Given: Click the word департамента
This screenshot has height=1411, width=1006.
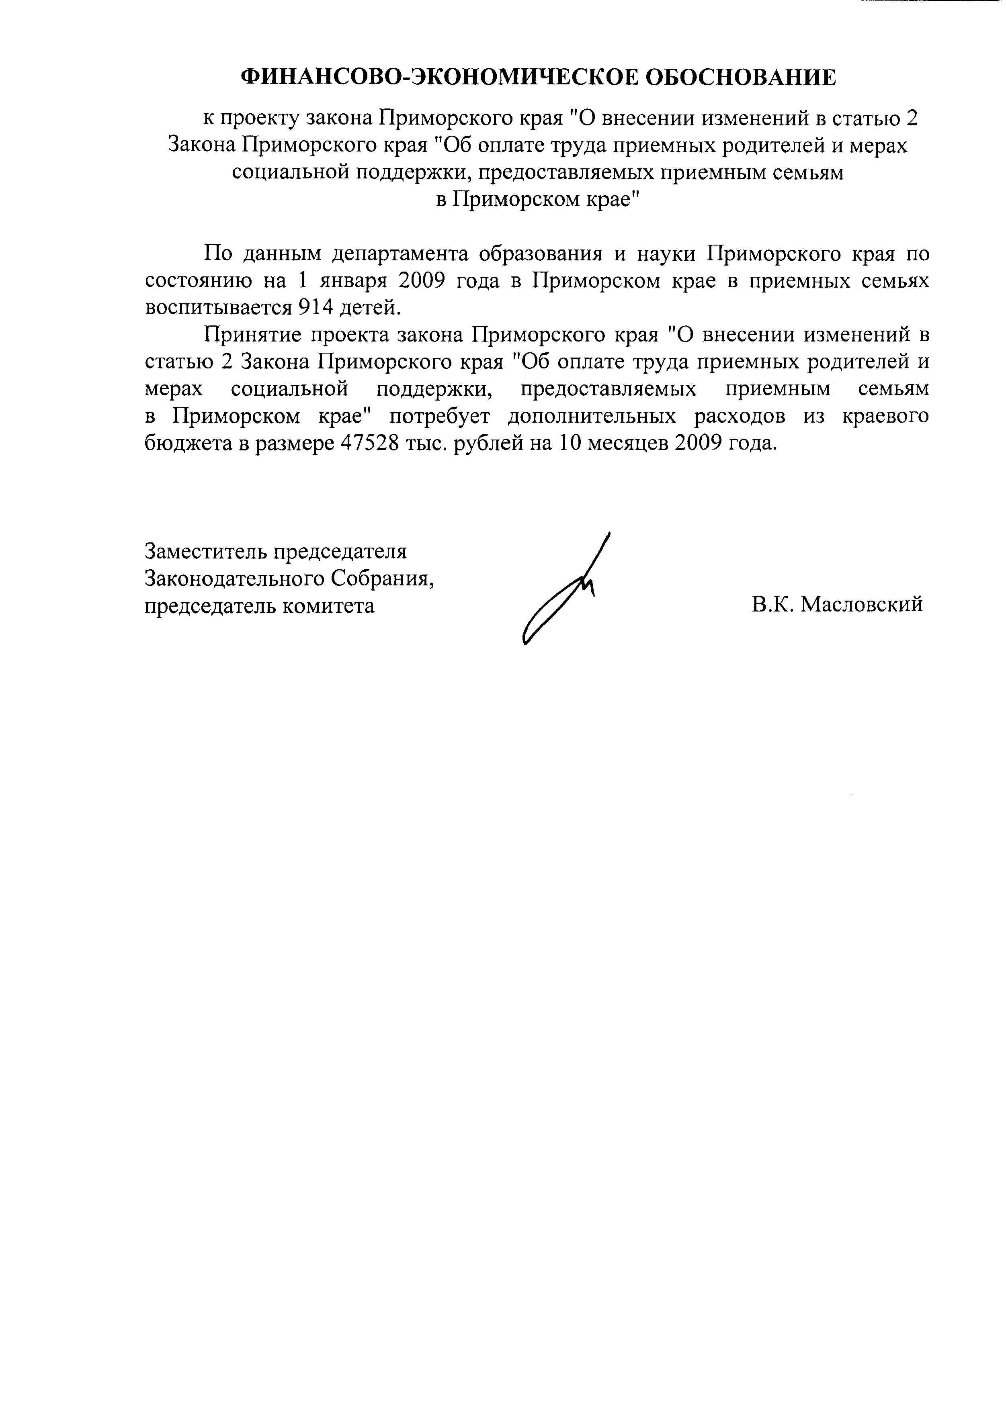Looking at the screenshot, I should pos(397,254).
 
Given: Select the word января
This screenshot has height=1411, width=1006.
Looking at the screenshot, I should pos(353,280).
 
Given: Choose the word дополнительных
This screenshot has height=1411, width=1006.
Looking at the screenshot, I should pos(592,416).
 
